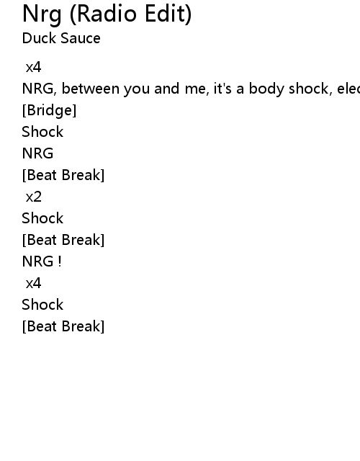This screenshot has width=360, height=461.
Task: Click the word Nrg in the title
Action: pos(42,14)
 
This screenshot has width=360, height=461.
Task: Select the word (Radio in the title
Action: pos(103,14)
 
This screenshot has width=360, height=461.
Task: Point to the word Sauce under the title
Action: pos(81,38)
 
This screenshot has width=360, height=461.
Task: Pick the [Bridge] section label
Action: pos(49,110)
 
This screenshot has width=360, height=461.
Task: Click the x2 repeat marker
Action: pos(34,197)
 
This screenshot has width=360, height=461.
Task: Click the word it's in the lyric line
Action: pos(222,89)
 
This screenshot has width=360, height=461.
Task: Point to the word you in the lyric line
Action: pos(137,89)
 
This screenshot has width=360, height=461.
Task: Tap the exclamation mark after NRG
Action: pos(60,261)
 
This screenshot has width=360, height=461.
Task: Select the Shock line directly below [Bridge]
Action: pos(42,132)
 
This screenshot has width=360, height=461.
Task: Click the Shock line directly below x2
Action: pos(42,218)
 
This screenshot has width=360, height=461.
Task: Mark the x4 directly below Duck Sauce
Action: pos(34,67)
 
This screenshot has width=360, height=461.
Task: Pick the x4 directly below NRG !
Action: pos(34,283)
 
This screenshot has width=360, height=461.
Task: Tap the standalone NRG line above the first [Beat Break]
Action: pos(37,153)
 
